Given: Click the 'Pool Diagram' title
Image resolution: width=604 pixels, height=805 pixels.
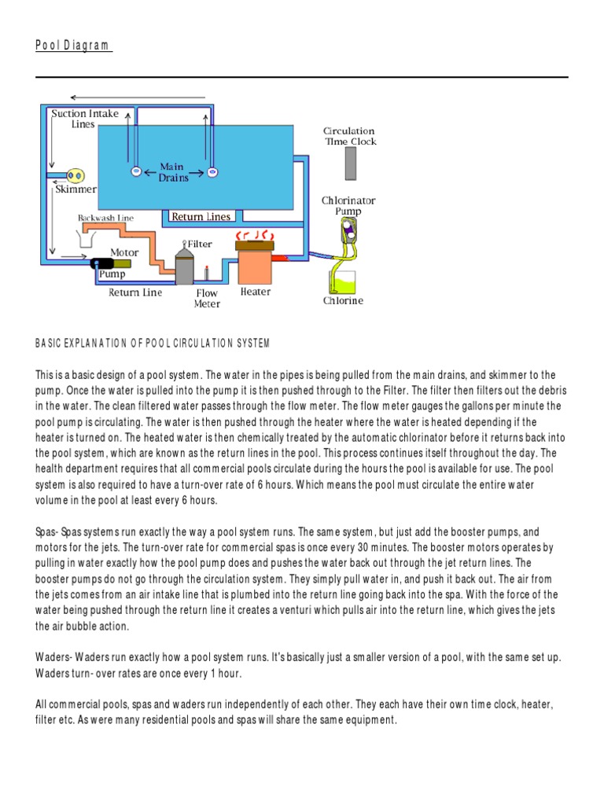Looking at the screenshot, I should coord(74,46).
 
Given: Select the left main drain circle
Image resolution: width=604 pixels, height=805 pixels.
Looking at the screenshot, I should coord(136,171).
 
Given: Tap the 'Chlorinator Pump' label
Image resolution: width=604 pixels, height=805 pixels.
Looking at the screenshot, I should coord(348,206).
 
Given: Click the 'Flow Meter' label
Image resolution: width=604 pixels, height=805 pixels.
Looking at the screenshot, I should coord(207,299).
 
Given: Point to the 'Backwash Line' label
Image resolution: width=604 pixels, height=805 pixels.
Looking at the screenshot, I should coord(105,218).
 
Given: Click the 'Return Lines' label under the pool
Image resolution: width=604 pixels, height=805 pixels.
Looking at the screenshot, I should coord(201,217).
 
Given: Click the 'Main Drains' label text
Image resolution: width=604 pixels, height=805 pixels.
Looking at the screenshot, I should coord(174,172).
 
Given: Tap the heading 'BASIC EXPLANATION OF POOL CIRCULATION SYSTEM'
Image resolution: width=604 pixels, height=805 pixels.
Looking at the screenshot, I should coord(153,344).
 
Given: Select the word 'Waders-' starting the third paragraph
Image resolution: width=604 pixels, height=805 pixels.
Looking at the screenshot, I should coord(55,656).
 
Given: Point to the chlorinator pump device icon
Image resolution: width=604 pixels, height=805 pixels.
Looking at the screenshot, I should coord(346,231).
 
